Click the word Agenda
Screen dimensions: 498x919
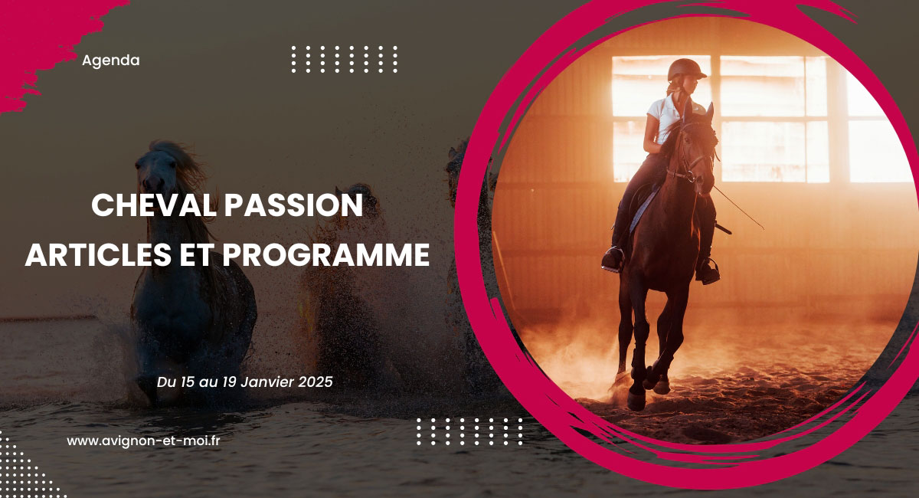[110, 61]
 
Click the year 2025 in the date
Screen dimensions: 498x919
[316, 381]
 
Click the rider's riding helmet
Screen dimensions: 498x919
[685, 70]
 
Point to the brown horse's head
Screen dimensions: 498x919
[693, 153]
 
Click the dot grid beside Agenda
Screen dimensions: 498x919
[345, 59]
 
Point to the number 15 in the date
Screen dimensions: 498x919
[182, 381]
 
